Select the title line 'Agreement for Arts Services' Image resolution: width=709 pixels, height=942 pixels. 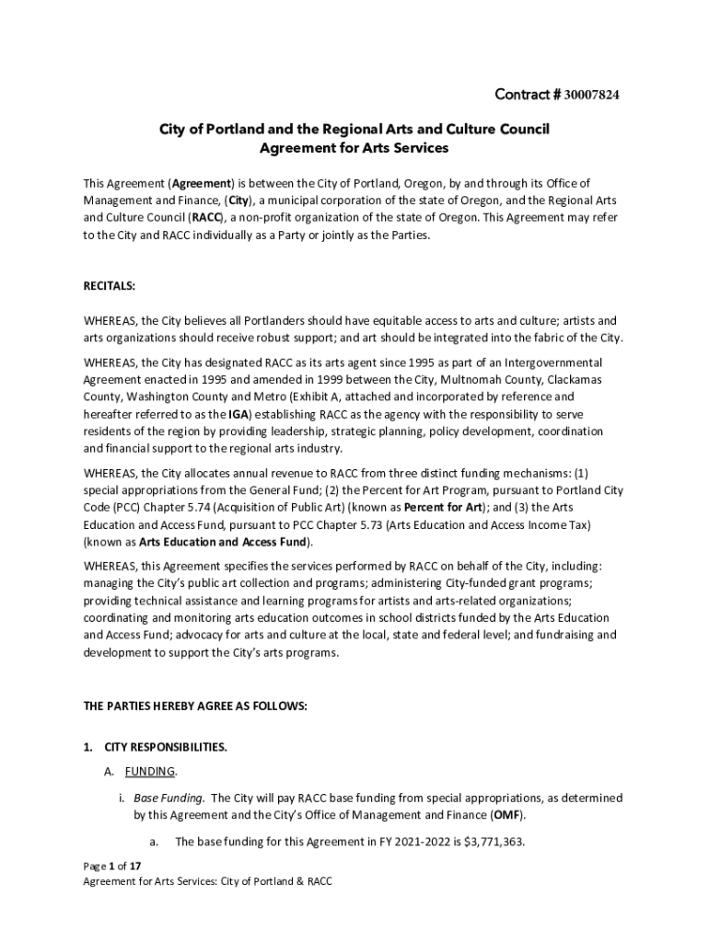(x=354, y=148)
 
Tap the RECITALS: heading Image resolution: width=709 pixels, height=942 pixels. (x=110, y=286)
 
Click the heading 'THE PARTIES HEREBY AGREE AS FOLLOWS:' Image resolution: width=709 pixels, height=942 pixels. (x=195, y=706)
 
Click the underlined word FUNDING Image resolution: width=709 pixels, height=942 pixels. (x=150, y=772)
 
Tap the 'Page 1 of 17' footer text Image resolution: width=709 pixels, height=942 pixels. (x=111, y=867)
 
